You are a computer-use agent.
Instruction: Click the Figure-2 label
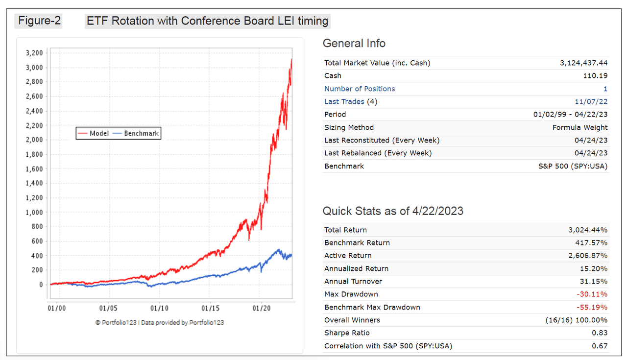point(40,21)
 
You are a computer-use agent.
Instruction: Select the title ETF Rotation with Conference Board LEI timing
point(207,21)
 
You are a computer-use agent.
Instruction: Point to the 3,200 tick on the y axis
point(34,53)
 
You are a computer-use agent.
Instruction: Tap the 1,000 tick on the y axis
point(34,213)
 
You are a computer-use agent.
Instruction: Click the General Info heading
point(354,43)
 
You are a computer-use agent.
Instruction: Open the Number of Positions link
point(360,89)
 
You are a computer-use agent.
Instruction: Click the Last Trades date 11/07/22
point(591,101)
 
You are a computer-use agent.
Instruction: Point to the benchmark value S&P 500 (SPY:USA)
point(573,166)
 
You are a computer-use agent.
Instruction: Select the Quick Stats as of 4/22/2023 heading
point(393,211)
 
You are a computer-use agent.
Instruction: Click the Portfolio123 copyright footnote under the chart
point(160,322)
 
